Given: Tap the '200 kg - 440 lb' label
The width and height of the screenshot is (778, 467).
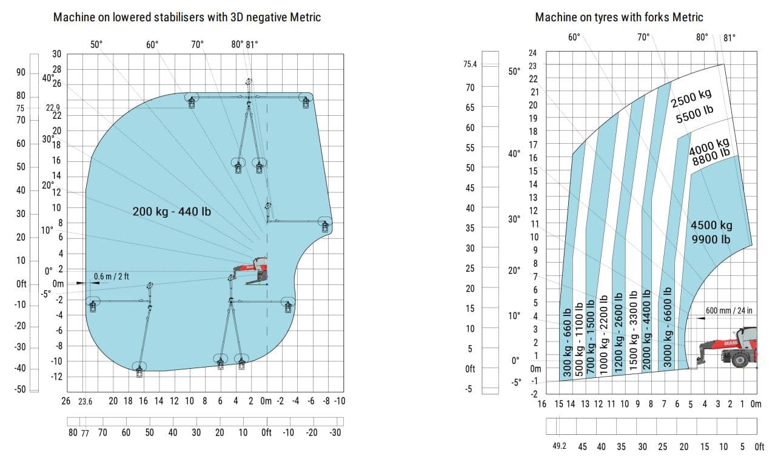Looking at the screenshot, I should click(172, 212).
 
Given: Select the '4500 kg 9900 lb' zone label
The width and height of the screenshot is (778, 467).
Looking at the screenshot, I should click(711, 232).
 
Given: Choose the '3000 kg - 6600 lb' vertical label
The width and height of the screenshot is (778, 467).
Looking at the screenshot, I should click(668, 327).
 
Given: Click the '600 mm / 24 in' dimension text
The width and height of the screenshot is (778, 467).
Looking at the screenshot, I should click(728, 311).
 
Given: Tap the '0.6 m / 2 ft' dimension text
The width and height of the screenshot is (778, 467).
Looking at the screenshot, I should click(111, 277).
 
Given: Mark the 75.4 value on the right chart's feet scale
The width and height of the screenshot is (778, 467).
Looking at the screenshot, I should click(470, 64).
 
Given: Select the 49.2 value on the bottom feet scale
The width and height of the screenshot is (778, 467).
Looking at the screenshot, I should click(560, 446).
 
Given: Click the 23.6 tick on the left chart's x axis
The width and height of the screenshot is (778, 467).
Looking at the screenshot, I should click(86, 401).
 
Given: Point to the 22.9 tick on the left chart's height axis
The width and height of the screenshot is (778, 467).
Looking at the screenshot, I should click(53, 108).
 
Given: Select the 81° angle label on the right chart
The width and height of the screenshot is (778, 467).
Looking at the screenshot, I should click(729, 38).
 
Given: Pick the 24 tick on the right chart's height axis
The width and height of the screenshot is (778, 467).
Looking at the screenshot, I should click(533, 53).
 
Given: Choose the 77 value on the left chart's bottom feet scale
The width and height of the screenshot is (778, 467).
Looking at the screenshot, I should click(86, 432).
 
